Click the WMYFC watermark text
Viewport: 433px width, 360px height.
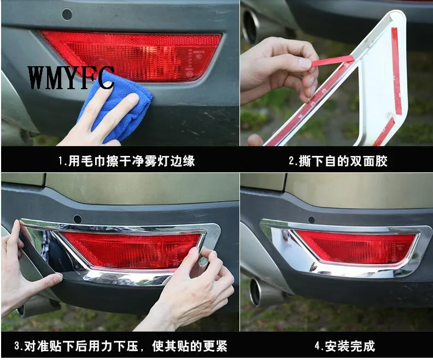tap(71, 78)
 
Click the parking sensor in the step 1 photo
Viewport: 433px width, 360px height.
tap(67, 14)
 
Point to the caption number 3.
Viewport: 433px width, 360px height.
tap(17, 346)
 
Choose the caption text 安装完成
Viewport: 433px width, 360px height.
tap(350, 346)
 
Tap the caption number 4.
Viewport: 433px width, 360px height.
tap(318, 346)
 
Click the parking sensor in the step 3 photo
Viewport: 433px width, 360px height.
tap(78, 219)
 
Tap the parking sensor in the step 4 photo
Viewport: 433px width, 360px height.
tap(312, 220)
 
